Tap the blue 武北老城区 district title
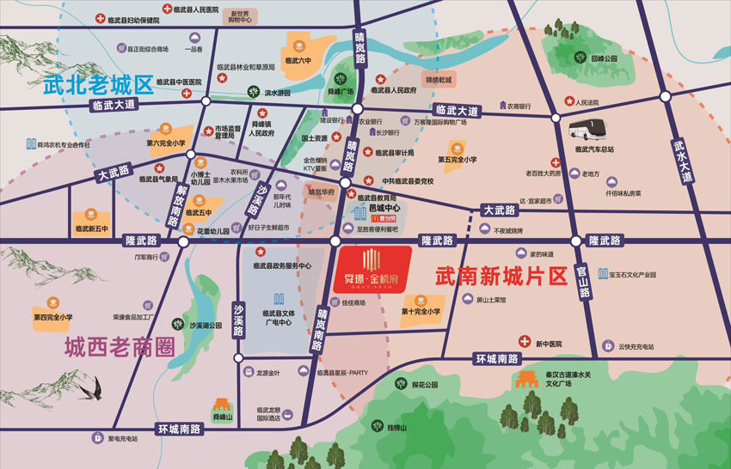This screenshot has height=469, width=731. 98,85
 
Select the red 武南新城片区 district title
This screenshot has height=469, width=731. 502,277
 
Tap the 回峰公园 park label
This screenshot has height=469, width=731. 605,59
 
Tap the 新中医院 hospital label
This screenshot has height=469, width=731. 547,344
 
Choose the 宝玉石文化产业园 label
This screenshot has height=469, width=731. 633,275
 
